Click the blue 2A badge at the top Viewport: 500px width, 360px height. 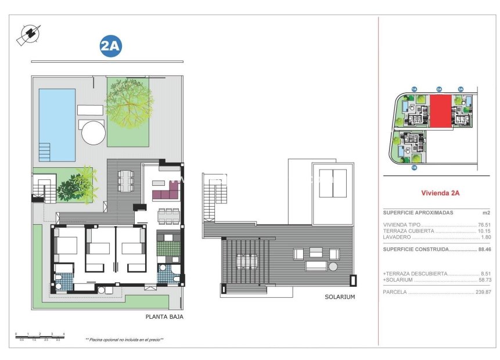(110, 47)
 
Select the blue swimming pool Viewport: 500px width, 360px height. (57, 124)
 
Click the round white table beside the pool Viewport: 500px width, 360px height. (93, 132)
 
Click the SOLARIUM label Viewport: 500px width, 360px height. (340, 297)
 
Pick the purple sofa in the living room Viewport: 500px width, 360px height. (165, 192)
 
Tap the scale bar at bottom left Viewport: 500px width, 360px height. (39, 335)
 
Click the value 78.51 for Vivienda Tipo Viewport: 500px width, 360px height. (484, 224)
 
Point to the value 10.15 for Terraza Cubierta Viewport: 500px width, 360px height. (484, 231)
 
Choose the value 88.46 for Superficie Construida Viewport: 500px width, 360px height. (484, 249)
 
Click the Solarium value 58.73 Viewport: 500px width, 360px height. (484, 280)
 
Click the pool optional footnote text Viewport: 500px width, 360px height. (124, 340)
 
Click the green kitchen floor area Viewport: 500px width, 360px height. (168, 248)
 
